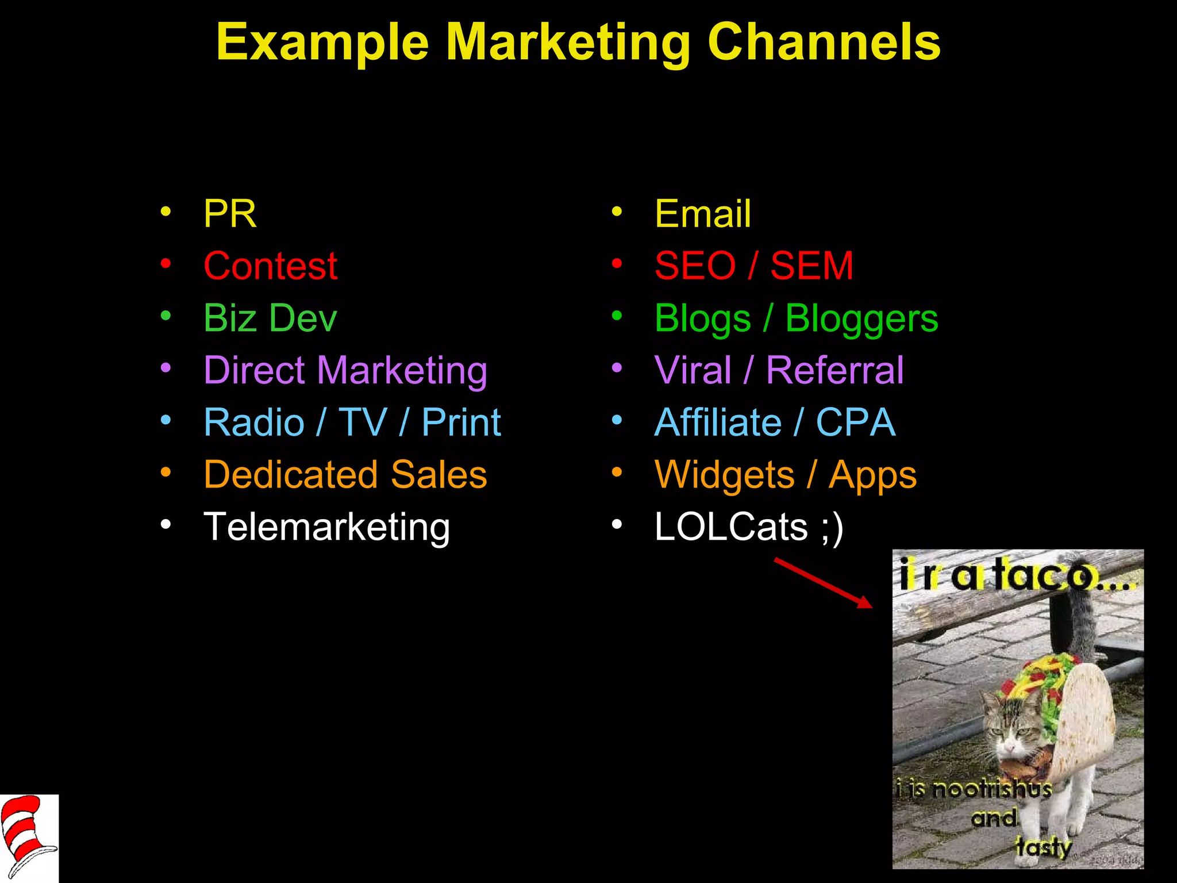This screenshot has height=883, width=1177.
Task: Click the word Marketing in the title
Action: click(x=568, y=44)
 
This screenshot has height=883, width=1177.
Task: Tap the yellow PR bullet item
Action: click(x=230, y=214)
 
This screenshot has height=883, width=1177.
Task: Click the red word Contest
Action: click(x=270, y=266)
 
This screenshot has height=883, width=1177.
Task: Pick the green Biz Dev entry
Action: click(x=270, y=318)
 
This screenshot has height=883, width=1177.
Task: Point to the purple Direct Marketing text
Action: click(x=345, y=370)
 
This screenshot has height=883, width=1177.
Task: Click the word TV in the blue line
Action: click(x=362, y=423)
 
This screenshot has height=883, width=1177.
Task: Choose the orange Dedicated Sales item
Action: click(x=345, y=475)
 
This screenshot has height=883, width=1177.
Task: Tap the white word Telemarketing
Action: click(x=326, y=527)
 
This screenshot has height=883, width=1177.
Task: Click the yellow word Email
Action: click(x=702, y=214)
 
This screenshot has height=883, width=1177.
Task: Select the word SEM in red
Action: click(x=811, y=266)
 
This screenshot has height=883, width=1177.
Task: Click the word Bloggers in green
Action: click(x=861, y=318)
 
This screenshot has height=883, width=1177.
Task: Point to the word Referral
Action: click(x=834, y=370)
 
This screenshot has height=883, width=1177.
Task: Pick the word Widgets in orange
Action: click(x=724, y=475)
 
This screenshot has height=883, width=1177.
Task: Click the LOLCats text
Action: click(x=731, y=527)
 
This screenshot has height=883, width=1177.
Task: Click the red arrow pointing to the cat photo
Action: click(x=823, y=582)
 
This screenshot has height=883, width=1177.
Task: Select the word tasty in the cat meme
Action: click(x=1043, y=847)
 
